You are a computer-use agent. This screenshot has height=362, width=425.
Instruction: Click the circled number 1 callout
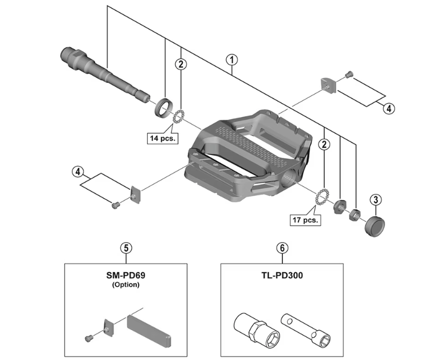pyautogui.click(x=232, y=59)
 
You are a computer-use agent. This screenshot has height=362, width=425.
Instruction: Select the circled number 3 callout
pyautogui.click(x=376, y=200)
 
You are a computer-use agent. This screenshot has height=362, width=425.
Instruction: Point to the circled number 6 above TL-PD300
pyautogui.click(x=282, y=247)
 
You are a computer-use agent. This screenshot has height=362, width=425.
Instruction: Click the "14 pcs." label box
pyautogui.click(x=162, y=138)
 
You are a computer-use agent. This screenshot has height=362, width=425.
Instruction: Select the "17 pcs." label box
pyautogui.click(x=305, y=220)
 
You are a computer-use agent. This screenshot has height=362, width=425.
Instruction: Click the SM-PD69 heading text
pyautogui.click(x=126, y=276)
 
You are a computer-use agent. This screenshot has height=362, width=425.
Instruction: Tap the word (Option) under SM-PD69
pyautogui.click(x=126, y=285)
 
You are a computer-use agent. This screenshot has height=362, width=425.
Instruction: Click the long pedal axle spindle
pyautogui.click(x=104, y=72)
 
